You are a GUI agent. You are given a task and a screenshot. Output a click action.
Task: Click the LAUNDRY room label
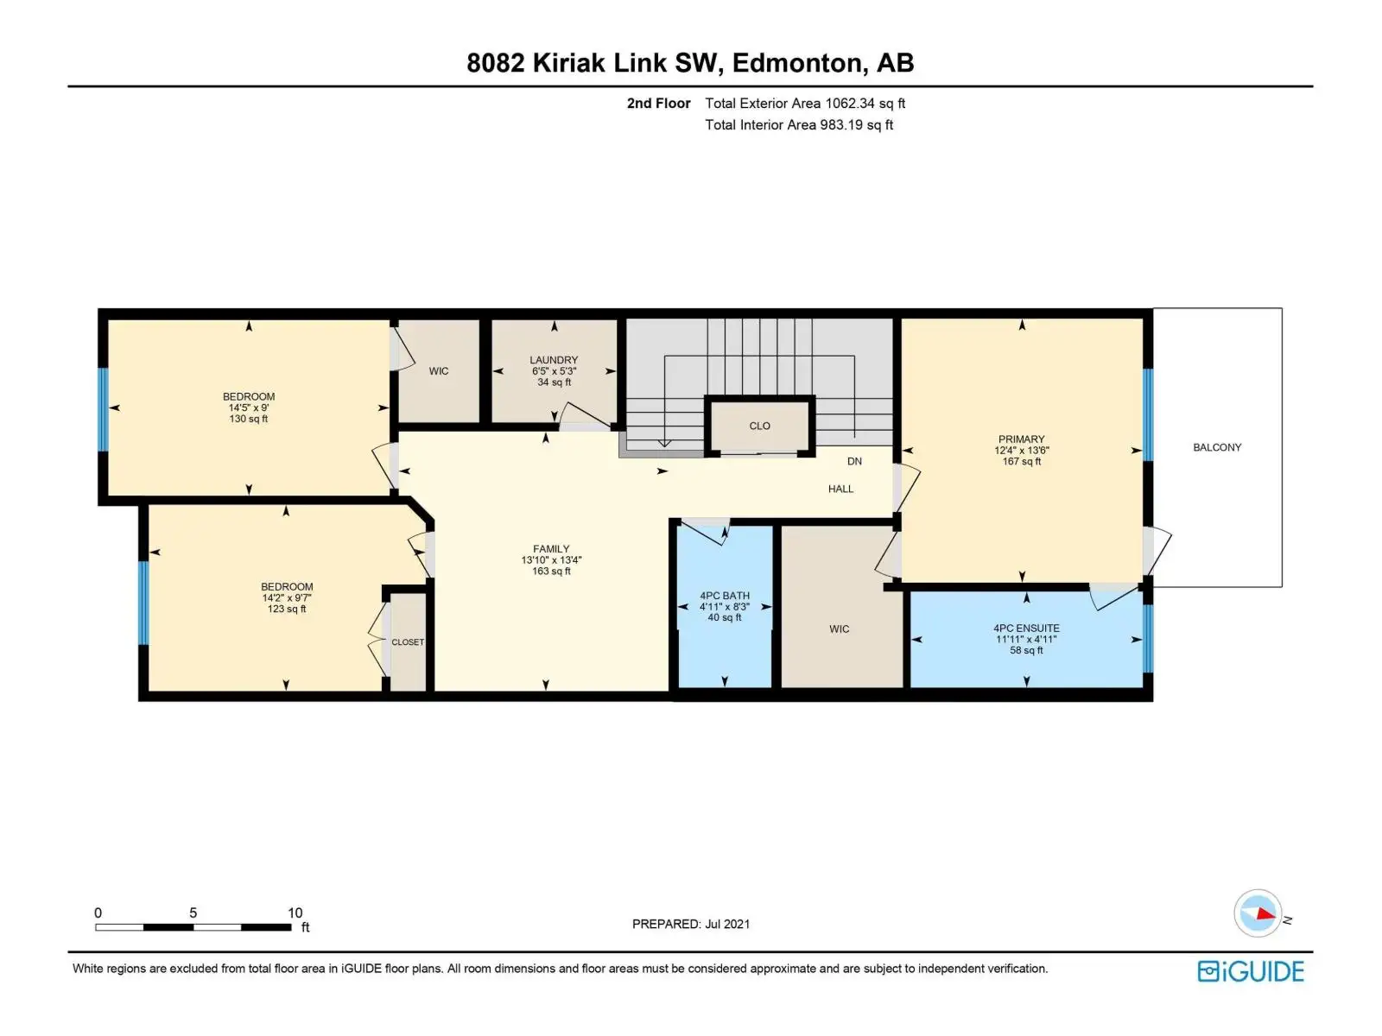coord(554,360)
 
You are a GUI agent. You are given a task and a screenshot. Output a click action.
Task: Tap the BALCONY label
coord(1216,447)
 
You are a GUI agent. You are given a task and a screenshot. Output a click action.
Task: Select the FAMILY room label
coord(551,549)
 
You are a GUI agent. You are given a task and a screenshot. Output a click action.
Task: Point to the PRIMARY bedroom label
coord(1021,439)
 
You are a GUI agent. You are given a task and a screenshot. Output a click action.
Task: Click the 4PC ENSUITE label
coord(1026,628)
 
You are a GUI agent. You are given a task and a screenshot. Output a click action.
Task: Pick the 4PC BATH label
coord(724,595)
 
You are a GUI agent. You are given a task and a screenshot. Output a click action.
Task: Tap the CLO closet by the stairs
coord(759,426)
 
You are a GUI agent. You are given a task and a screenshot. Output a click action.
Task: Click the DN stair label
coord(853,461)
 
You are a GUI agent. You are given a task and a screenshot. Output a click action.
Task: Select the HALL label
coord(840,489)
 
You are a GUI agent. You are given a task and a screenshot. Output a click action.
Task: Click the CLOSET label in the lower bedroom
coord(408,642)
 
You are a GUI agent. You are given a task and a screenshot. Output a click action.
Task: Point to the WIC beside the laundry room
coord(438,371)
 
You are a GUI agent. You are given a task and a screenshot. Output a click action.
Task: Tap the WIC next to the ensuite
coord(839,629)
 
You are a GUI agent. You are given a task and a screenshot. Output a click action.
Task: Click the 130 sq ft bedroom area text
coord(248,419)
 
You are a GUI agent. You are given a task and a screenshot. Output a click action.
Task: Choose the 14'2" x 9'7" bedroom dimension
coord(287,598)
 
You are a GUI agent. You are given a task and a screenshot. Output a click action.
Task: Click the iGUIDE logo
coord(1251,971)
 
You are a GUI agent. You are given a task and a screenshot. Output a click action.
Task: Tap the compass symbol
coord(1258,913)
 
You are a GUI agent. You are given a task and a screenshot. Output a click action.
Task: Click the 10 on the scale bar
coord(295,913)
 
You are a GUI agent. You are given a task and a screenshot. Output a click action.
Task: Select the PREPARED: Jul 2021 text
coord(691,924)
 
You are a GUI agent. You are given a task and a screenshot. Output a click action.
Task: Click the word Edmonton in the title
coord(796,63)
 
